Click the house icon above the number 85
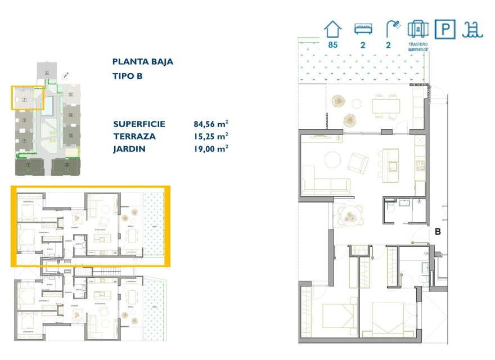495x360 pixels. [x=332, y=29]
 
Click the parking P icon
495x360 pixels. [x=445, y=29]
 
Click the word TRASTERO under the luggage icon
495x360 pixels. [x=418, y=44]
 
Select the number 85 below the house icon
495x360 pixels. [x=332, y=45]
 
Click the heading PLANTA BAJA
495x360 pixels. [x=143, y=62]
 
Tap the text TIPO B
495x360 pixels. [x=128, y=76]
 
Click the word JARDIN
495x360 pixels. [x=129, y=149]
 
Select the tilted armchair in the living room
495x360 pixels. [x=358, y=163]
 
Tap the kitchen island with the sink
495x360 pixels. [x=391, y=165]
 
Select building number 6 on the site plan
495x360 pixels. [x=47, y=73]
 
